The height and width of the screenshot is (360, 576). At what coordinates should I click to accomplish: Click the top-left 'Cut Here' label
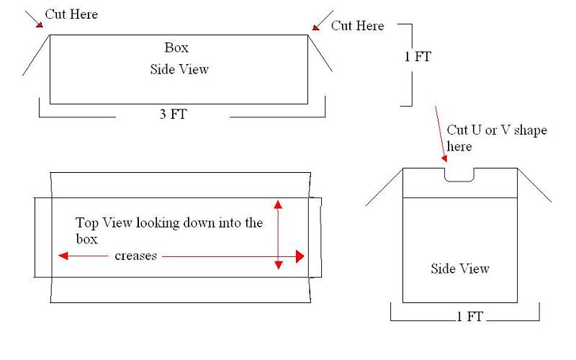click(71, 14)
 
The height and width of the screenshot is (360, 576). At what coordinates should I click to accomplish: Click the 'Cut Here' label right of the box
click(357, 26)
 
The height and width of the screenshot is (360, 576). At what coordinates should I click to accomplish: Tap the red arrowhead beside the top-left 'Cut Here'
click(40, 24)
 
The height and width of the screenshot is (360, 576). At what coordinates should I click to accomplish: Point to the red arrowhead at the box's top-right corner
click(316, 27)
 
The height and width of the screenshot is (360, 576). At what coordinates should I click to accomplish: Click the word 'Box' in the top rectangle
click(176, 48)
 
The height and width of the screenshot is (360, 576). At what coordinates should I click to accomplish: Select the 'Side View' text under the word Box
click(179, 69)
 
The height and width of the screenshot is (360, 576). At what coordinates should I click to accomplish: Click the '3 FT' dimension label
click(173, 114)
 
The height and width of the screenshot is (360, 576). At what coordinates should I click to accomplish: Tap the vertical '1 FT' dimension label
click(418, 57)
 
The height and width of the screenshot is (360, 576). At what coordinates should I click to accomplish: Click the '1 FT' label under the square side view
click(469, 316)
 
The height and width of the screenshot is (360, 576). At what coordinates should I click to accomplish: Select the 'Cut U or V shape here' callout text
click(497, 138)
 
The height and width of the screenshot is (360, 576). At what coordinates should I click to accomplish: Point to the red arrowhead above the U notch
click(444, 158)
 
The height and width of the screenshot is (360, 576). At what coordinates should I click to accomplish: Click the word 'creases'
click(135, 256)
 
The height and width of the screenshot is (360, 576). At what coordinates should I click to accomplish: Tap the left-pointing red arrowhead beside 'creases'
click(63, 256)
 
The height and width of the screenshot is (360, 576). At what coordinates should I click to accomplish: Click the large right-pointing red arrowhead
click(300, 256)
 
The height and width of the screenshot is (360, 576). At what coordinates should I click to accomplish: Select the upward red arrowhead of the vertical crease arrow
click(278, 204)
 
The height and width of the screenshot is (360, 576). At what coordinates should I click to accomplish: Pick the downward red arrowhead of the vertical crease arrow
click(279, 265)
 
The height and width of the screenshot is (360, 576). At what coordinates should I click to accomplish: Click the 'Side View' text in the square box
click(460, 269)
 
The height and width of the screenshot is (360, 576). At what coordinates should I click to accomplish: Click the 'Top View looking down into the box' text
click(169, 230)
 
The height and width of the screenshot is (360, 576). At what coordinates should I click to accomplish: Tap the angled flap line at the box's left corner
click(36, 55)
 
